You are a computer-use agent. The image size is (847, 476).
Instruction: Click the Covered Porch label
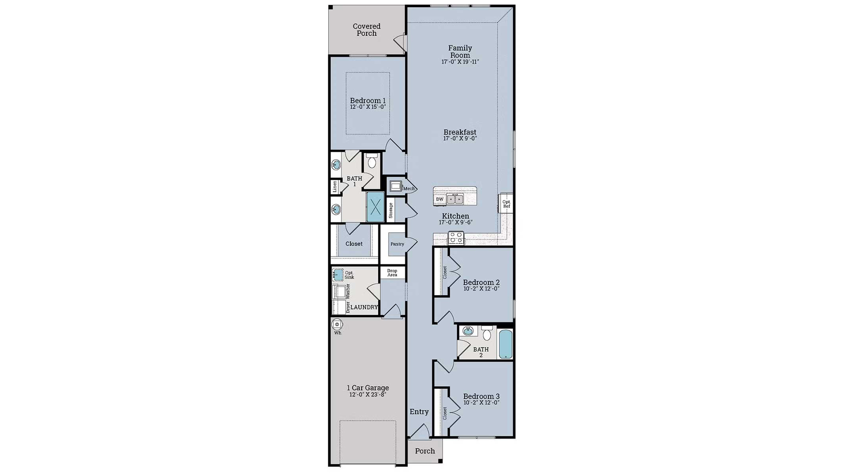point(367,30)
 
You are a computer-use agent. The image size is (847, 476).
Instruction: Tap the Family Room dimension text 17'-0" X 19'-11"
point(460,62)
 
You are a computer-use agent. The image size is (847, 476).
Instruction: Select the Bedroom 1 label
point(367,100)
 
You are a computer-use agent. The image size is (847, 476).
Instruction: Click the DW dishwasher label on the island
point(440,199)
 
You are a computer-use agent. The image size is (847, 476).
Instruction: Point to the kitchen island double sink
point(455,199)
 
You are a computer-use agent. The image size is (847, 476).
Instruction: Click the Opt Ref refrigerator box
point(506,204)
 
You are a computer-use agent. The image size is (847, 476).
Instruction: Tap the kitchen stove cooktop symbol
point(456,238)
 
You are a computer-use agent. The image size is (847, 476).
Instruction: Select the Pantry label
point(397,244)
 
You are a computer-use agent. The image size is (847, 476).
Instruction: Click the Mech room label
point(409,189)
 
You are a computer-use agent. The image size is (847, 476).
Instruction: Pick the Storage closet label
point(391,211)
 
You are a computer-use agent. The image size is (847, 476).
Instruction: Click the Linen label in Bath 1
point(335,186)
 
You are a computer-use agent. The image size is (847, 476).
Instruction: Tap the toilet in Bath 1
point(372,162)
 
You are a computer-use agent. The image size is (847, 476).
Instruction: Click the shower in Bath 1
point(375,206)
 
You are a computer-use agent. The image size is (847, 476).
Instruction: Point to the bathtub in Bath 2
point(506,344)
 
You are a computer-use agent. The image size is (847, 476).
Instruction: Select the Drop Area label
point(392,273)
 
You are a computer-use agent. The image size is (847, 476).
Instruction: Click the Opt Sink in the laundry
point(338,275)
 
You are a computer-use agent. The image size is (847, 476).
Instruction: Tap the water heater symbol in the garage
point(337,325)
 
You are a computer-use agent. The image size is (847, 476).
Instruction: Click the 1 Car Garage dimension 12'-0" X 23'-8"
point(367,395)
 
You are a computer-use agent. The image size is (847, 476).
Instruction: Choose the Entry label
point(419,412)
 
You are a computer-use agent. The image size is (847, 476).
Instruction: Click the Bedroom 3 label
point(481,396)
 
